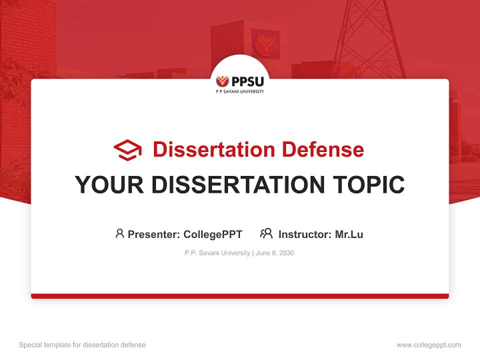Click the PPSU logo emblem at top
point(222,81)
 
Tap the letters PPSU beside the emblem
point(247,81)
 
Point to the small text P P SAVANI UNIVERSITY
point(240,92)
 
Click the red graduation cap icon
point(127,150)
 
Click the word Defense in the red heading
point(322,149)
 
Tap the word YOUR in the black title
point(109,185)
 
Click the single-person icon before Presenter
point(119,233)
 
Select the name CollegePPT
point(213,234)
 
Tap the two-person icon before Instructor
point(266,233)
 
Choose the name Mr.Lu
point(349,234)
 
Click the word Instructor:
point(305,234)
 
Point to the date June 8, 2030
point(275,253)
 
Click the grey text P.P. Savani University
point(217,253)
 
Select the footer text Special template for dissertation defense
point(82,345)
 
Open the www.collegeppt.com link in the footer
point(428,345)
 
